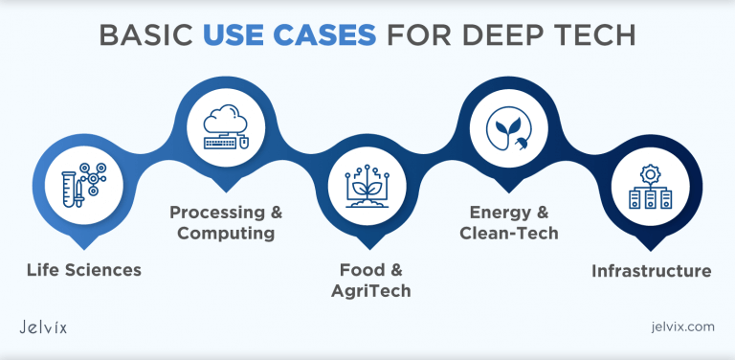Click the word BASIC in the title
click(149, 34)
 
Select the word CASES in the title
click(326, 34)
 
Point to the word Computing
click(226, 234)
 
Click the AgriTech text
click(367, 291)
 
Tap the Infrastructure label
click(651, 271)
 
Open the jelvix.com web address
click(680, 327)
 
